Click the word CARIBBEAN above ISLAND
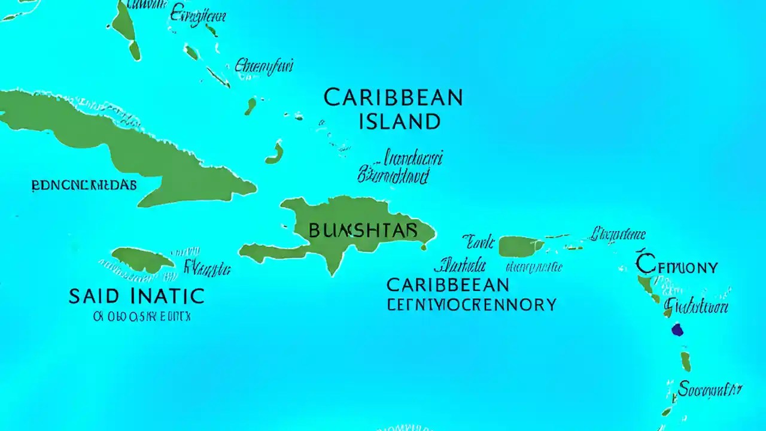pos(393,98)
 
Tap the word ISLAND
pos(399,122)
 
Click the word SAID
pos(98,296)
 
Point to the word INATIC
pos(166,296)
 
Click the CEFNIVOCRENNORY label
pos(472,305)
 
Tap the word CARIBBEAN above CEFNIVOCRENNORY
pos(448,284)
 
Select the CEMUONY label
pos(677,266)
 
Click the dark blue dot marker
pos(677,329)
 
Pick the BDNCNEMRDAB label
pos(84,186)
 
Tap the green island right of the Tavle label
pos(520,246)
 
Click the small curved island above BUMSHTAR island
pos(275,154)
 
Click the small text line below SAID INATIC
pos(142,317)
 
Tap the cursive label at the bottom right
pos(710,390)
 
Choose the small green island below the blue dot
pos(686,361)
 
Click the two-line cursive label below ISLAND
pos(399,168)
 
